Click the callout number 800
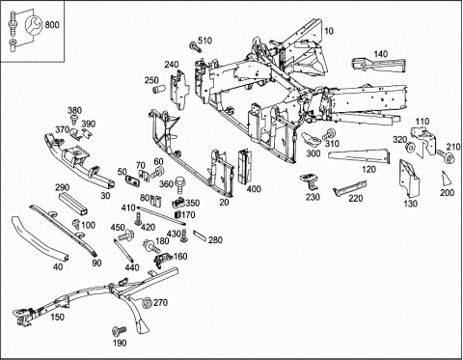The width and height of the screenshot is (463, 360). coord(52,24)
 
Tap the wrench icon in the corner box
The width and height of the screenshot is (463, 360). coord(33,24)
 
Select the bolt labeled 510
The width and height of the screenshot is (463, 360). coord(195,47)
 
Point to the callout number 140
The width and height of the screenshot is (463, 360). coord(381,54)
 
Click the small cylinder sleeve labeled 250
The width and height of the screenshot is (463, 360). coord(158,89)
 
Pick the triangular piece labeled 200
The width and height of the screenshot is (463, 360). coord(446,179)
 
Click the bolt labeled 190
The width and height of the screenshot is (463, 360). coord(119,331)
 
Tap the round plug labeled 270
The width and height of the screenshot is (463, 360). coord(148,303)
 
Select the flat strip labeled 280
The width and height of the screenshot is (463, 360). coord(200,235)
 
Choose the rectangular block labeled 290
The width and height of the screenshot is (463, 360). coord(72,204)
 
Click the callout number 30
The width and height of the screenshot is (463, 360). coord(105,196)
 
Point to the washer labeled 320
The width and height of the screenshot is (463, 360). coord(411,148)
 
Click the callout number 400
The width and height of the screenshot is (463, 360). coord(254,189)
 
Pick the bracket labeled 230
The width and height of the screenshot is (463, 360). coord(309,181)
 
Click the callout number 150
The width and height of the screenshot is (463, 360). coord(57,317)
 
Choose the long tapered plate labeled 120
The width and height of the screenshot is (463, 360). coord(359,156)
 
